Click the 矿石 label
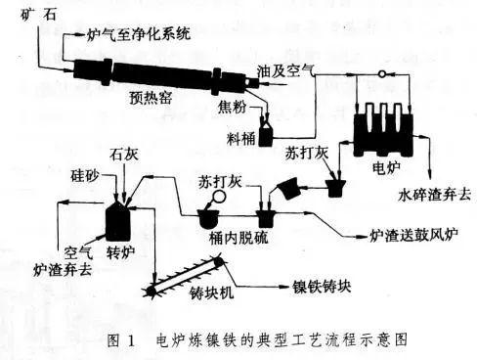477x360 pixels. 38,15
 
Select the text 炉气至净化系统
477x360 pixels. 139,34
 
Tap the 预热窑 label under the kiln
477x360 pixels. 151,97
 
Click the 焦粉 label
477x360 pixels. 232,107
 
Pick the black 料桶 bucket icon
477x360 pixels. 266,134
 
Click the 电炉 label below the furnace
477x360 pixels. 386,168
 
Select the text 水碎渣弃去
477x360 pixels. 435,195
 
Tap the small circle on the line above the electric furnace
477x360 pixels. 382,74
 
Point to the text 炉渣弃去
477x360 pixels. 63,269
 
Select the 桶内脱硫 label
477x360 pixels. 238,237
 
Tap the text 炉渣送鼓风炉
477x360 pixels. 414,235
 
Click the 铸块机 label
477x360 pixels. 212,292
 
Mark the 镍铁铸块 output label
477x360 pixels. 322,287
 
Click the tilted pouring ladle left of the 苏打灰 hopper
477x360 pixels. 288,189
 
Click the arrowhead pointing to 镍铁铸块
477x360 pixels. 284,287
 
